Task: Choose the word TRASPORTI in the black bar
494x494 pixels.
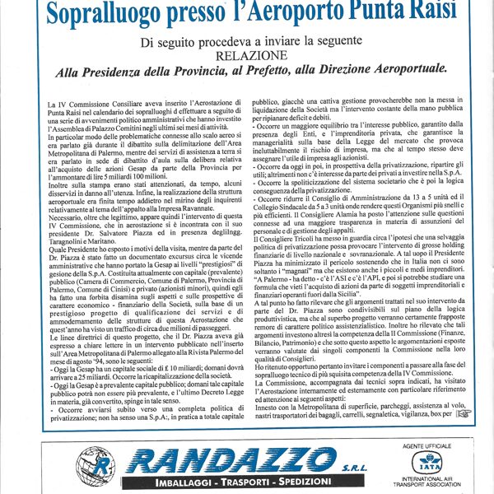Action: click(x=239, y=481)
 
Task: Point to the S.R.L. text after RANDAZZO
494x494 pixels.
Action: click(x=349, y=465)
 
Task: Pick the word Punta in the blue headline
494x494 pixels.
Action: click(x=365, y=12)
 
